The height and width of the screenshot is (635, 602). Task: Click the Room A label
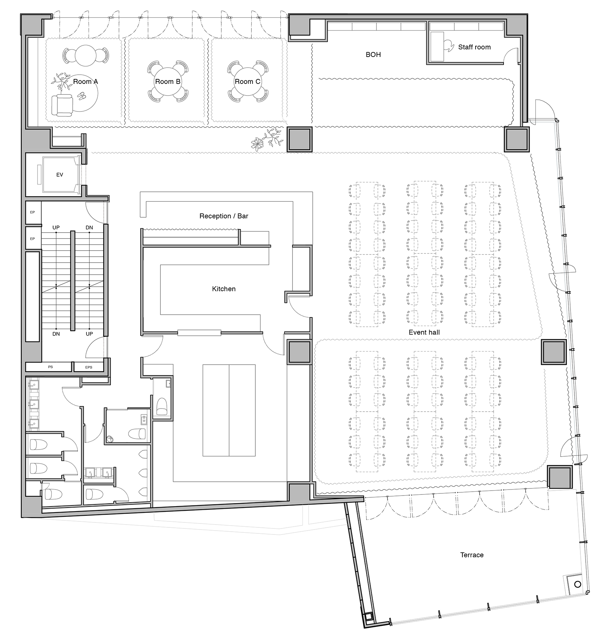(x=85, y=82)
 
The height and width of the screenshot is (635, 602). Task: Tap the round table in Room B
(x=167, y=82)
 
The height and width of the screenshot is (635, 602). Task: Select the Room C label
(x=247, y=82)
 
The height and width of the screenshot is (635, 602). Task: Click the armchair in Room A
(x=62, y=105)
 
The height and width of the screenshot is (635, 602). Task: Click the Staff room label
(x=474, y=47)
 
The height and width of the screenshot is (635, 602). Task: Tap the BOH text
(x=373, y=55)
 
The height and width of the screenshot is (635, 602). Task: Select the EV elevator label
(x=59, y=175)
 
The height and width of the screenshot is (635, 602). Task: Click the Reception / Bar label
(x=223, y=216)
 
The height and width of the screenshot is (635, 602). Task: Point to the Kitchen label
(x=223, y=289)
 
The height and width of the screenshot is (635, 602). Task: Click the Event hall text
(x=424, y=332)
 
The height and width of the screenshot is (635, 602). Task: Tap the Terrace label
(x=472, y=555)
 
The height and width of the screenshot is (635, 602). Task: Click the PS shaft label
(x=50, y=367)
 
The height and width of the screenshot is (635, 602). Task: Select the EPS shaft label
(x=89, y=367)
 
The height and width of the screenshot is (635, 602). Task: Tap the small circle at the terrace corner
(x=578, y=584)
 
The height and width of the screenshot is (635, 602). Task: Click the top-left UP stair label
(x=56, y=228)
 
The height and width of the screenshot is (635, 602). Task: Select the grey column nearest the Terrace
(x=560, y=477)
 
